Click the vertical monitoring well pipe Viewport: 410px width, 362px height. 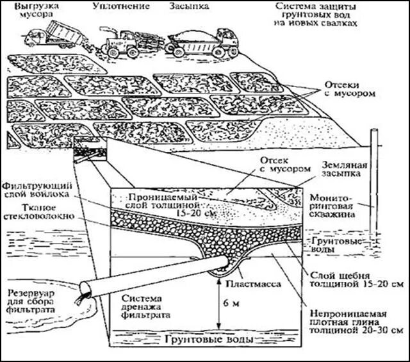tap(375, 186)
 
